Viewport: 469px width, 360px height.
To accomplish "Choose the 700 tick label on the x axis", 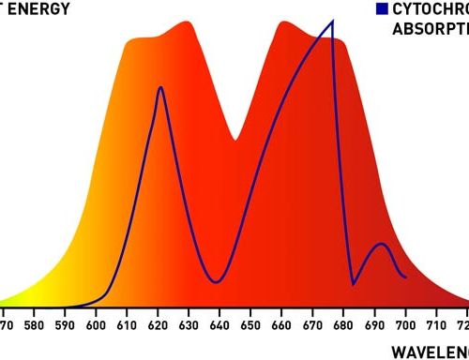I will pos(404,327).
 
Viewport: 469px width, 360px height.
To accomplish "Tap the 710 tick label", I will pos(435,327).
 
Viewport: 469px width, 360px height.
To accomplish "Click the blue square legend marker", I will pos(381,9).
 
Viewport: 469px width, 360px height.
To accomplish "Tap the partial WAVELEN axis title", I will pos(430,352).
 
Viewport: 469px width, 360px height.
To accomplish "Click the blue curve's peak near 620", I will pos(161,87).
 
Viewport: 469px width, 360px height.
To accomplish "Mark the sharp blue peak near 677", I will pos(333,21).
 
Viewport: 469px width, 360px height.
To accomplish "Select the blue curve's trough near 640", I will pos(218,281).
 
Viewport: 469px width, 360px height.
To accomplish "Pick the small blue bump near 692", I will pos(380,244).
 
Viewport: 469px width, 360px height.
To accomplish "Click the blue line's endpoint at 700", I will pos(405,277).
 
